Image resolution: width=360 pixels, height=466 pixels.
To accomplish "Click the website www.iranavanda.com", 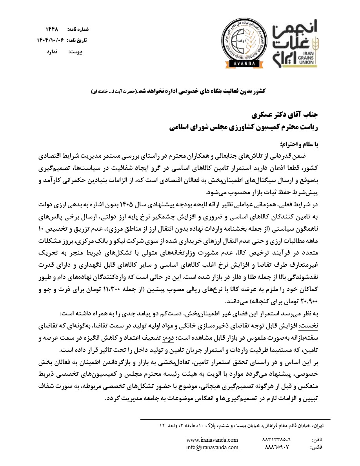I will (x=212, y=440).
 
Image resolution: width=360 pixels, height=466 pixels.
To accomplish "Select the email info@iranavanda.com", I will (x=212, y=447).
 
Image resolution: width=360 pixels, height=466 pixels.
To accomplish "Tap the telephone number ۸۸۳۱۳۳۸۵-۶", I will (x=279, y=440).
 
